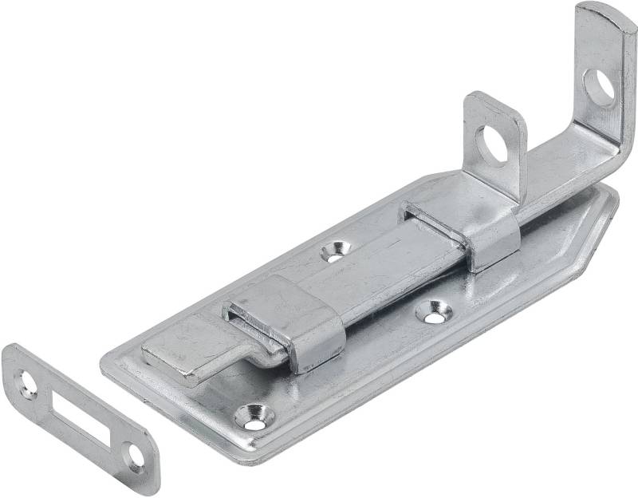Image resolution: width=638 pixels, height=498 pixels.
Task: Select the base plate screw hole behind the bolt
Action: coord(335,251)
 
